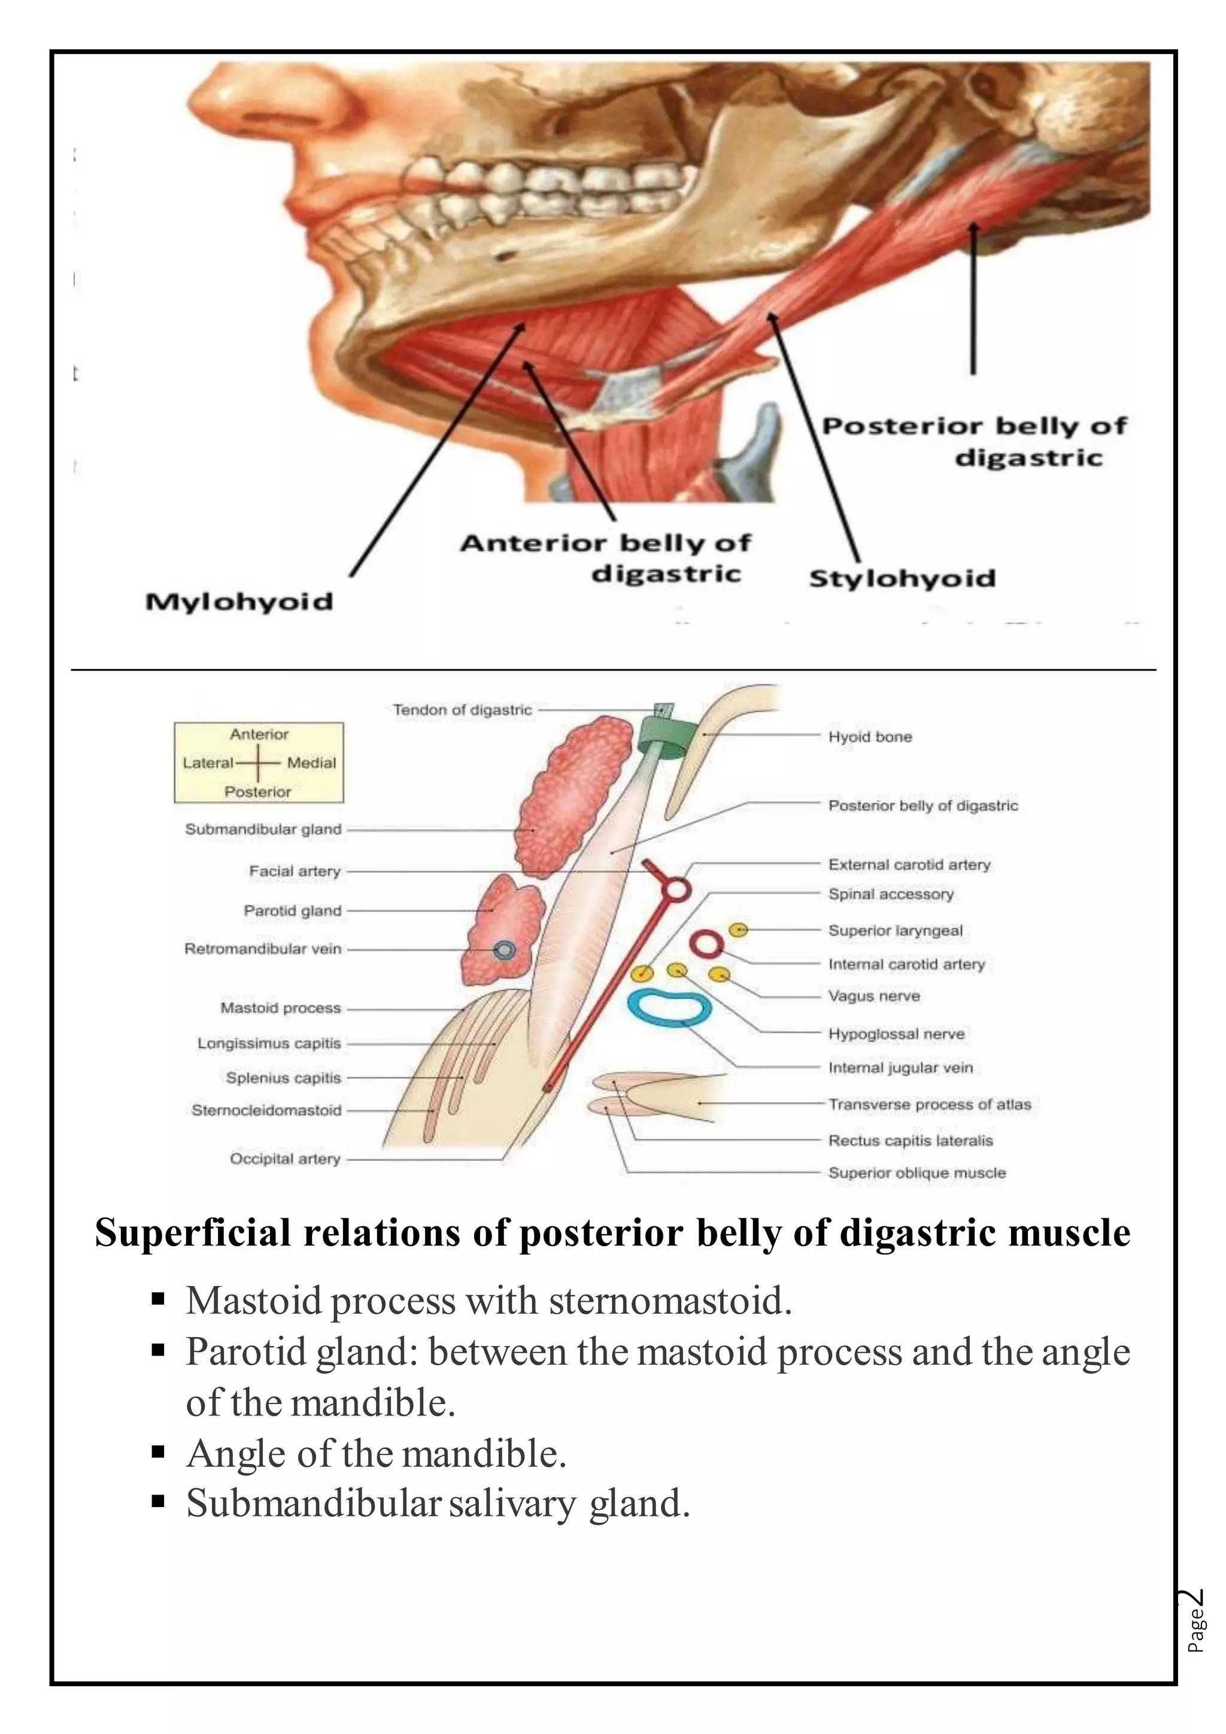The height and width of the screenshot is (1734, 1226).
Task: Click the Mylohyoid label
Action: click(x=239, y=602)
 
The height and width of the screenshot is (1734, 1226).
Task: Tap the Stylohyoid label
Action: click(x=902, y=578)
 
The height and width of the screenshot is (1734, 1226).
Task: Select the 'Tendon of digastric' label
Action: click(x=462, y=710)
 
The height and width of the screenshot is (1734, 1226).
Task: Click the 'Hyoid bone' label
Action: click(x=870, y=736)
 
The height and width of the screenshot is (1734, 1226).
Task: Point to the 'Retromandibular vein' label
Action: click(x=263, y=948)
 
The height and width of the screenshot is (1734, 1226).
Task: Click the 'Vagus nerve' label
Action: click(x=873, y=996)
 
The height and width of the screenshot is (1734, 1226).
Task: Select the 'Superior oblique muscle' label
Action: click(x=917, y=1173)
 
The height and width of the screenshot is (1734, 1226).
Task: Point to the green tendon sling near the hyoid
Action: click(x=665, y=732)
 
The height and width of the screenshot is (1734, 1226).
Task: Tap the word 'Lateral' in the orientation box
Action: click(x=208, y=763)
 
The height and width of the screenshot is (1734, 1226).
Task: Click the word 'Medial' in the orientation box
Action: click(x=311, y=763)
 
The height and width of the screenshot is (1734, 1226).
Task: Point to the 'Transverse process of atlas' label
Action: click(x=928, y=1104)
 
